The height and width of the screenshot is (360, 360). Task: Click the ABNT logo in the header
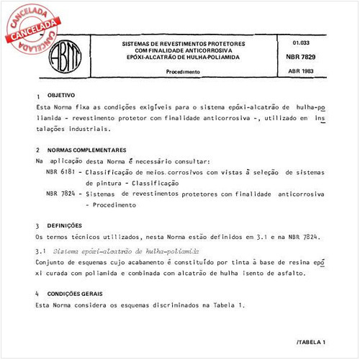66,55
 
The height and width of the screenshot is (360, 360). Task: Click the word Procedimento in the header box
184,73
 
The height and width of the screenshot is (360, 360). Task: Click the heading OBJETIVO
60,95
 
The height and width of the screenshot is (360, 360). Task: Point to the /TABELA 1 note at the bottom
310,341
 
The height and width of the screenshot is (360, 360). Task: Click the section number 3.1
40,251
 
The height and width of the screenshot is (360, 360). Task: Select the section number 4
37,294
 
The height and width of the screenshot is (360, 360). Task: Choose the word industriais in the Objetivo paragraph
89,130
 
